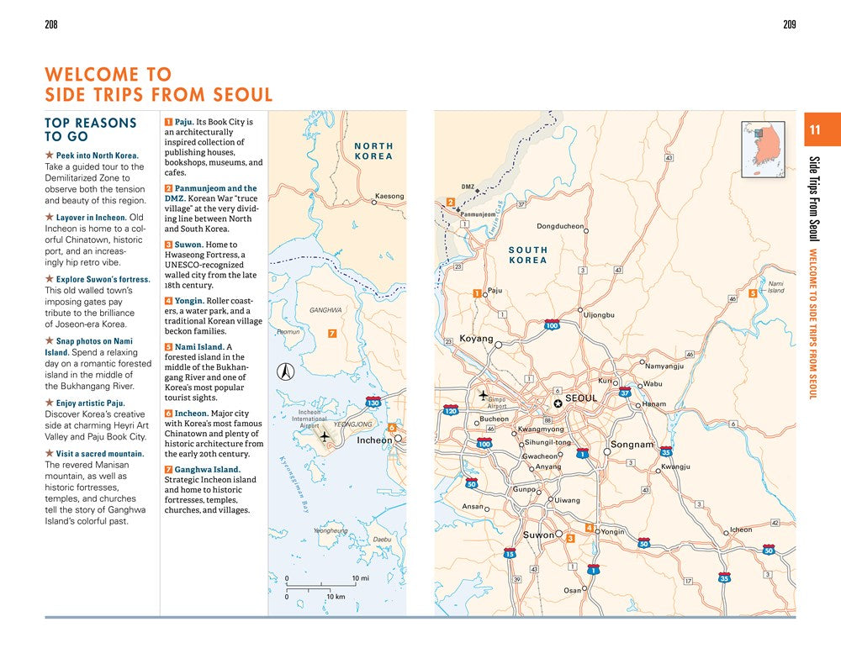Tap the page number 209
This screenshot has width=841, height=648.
pos(789,24)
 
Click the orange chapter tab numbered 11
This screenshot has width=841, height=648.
pos(814,129)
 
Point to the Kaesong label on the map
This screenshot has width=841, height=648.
pos(389,197)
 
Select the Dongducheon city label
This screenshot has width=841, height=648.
pos(560,226)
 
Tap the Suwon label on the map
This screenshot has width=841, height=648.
pos(538,535)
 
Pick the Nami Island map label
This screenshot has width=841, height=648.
pos(775,287)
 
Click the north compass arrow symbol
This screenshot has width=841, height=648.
pos(285,371)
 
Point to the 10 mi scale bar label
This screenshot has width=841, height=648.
pos(360,578)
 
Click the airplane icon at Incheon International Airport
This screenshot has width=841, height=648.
pos(325,435)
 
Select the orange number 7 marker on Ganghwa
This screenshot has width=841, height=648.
pos(333,334)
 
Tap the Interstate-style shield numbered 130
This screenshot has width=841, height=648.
pos(373,404)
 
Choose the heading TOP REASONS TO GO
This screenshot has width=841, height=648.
pos(90,129)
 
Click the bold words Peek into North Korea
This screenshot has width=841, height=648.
pos(97,155)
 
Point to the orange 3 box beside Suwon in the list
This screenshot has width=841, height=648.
pos(168,245)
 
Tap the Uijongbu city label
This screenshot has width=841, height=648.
pos(599,315)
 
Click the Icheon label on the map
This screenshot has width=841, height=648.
pos(740,529)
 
